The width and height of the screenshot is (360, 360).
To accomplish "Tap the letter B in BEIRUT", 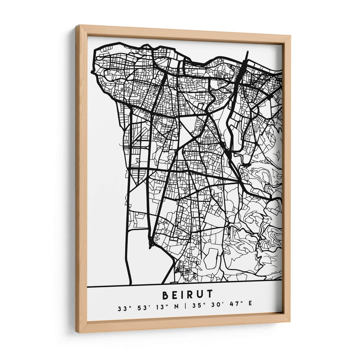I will coord(163,295).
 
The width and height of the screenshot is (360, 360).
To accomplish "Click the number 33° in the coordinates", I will coord(122,309).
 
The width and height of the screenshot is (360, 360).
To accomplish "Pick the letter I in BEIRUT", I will coord(181,295).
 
